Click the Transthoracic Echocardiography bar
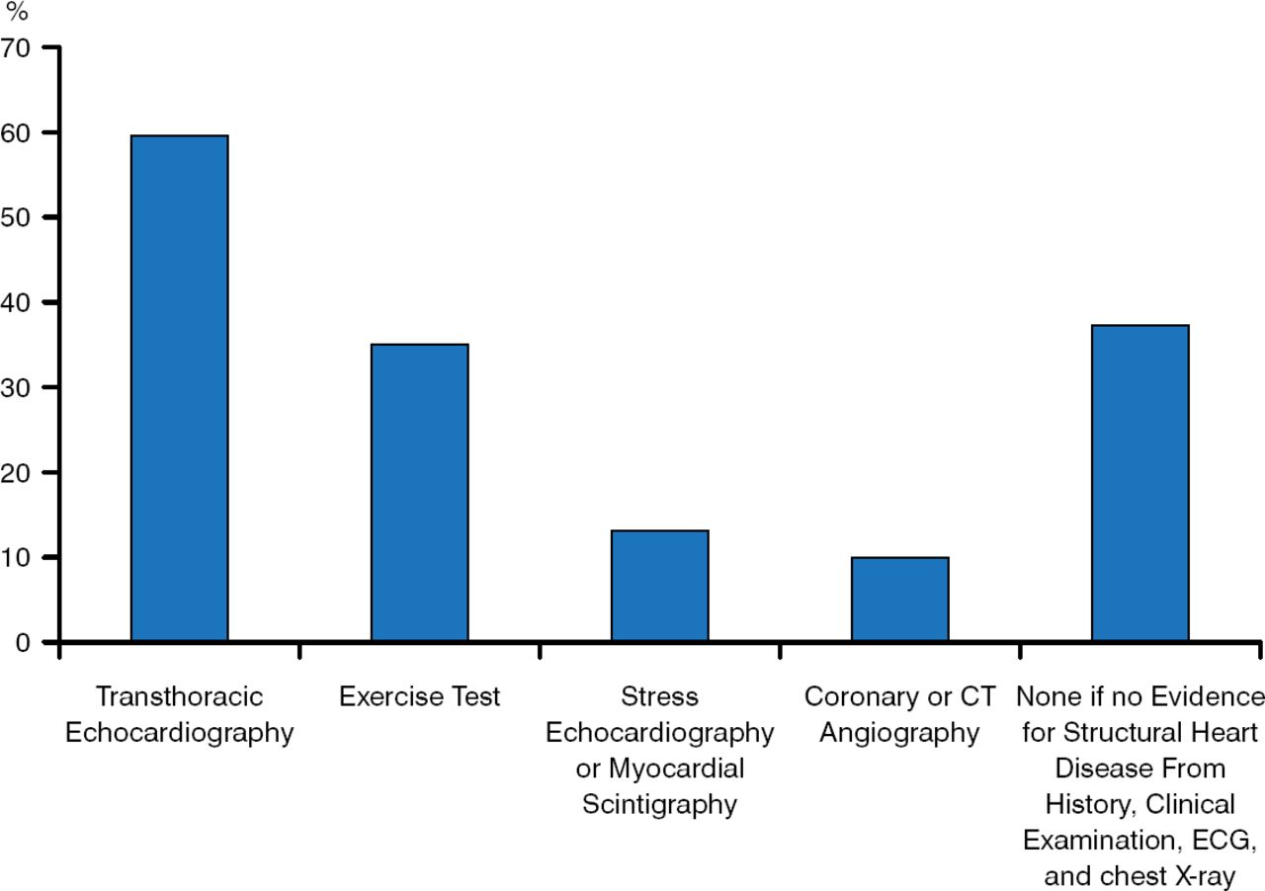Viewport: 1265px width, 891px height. pos(179,388)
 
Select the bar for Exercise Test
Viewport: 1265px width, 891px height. pos(419,493)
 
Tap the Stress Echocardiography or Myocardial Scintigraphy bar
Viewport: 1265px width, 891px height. pos(659,586)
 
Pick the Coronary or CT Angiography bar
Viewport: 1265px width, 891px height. pos(899,600)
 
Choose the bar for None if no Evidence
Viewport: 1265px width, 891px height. pos(1139,483)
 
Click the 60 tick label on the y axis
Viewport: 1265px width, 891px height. pos(17,131)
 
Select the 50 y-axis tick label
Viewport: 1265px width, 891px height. pos(17,216)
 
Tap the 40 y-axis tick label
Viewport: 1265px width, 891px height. pos(17,301)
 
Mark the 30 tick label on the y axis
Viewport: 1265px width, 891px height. pos(17,387)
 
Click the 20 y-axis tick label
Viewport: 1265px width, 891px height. pos(17,472)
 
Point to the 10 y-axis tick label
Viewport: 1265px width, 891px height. pos(17,557)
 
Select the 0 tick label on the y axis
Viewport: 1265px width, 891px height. pos(23,642)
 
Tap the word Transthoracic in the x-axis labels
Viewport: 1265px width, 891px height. pos(179,696)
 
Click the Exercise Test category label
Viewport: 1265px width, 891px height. pos(419,696)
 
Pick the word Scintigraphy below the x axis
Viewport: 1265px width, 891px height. pos(659,804)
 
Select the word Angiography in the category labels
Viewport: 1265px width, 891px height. pos(899,733)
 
